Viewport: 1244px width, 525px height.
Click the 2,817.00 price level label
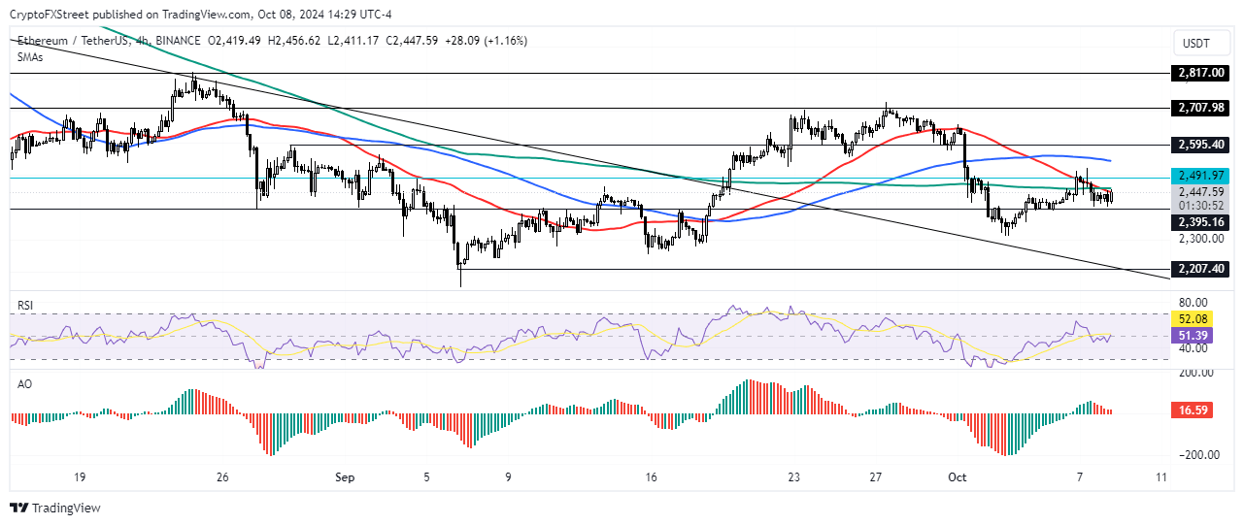[x=1200, y=73]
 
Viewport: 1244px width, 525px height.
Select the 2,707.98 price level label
[x=1200, y=108]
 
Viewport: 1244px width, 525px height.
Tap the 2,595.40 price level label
[x=1200, y=145]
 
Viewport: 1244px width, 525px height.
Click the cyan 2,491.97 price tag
[x=1200, y=176]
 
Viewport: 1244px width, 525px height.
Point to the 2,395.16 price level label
[x=1200, y=222]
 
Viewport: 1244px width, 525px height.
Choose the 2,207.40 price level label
[x=1200, y=269]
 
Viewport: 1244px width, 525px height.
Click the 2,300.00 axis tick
[x=1199, y=238]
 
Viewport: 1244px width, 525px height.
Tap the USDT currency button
[x=1200, y=43]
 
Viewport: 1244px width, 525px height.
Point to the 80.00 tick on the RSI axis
[x=1194, y=303]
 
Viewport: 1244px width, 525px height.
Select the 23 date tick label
[x=793, y=477]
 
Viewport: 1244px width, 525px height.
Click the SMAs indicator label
[x=30, y=57]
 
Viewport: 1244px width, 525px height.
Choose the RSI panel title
[x=26, y=305]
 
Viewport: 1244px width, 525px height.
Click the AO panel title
[x=24, y=384]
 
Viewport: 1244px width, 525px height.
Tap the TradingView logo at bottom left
[x=55, y=508]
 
